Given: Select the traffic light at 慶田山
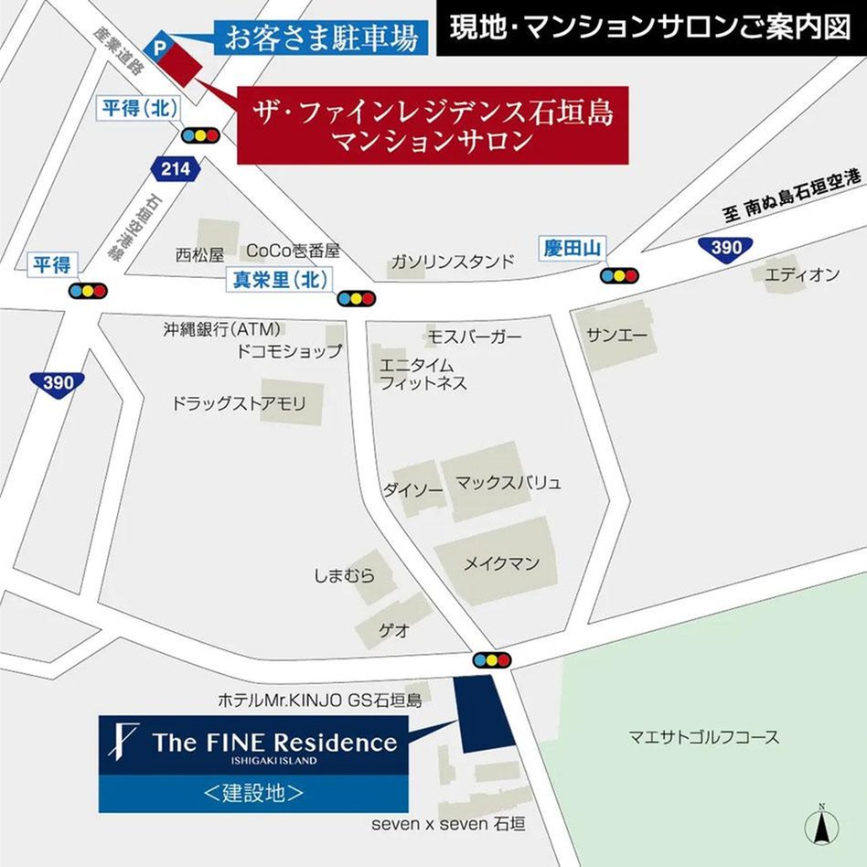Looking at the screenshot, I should point(619,274).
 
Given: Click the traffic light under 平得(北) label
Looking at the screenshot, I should point(200,134).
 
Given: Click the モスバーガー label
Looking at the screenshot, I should point(475,337).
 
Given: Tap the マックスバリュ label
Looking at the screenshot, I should point(508,482).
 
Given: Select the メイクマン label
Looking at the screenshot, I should point(501,563).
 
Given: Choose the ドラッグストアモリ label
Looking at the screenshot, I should point(239,403).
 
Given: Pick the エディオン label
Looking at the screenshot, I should point(802,274).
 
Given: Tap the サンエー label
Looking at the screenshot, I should point(617,337).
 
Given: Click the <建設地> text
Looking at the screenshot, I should point(253,793).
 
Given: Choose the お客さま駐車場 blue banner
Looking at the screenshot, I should point(321,38).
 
